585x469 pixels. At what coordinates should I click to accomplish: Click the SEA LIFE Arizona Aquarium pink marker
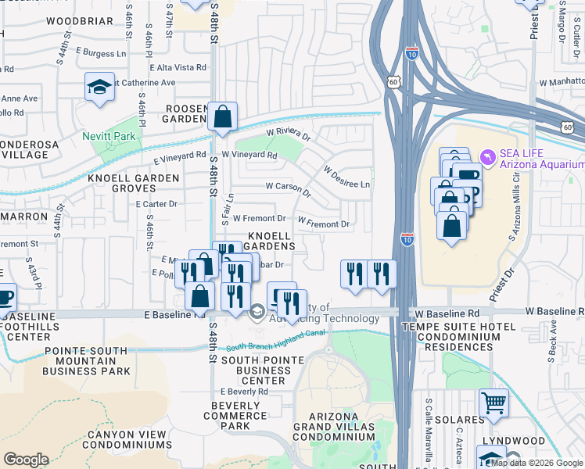[x=489, y=158]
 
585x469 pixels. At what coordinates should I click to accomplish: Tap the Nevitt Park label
[x=109, y=136]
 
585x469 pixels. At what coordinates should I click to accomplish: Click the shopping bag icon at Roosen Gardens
[x=223, y=117]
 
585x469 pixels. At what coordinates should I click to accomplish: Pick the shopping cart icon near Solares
[x=493, y=403]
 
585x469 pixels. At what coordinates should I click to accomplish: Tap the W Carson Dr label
[x=289, y=189]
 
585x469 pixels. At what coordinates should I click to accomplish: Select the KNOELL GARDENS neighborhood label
[x=271, y=241]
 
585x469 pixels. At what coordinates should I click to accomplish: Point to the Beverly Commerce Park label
[x=235, y=416]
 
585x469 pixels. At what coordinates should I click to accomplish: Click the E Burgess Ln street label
[x=101, y=53]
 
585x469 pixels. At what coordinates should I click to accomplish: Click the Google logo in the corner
[x=26, y=460]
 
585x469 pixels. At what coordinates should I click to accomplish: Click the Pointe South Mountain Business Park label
[x=88, y=361]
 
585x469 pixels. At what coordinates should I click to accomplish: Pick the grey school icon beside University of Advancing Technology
[x=257, y=313]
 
